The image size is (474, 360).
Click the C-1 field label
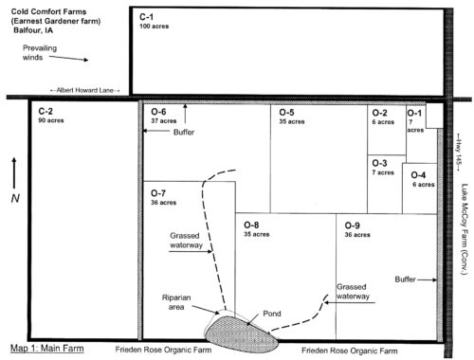click(x=146, y=17)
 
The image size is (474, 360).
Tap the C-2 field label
click(x=46, y=111)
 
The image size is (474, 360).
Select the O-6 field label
click(x=158, y=112)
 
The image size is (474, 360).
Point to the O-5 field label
click(x=286, y=112)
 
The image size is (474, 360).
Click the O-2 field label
click(x=379, y=113)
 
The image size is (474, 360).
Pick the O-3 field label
click(x=379, y=163)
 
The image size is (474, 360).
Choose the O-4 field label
click(x=418, y=175)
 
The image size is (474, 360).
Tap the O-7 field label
click(x=158, y=193)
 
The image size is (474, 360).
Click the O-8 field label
click(x=251, y=225)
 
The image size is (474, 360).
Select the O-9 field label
click(x=353, y=225)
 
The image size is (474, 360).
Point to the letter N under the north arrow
click(x=15, y=198)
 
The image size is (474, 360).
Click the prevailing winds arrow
click(x=68, y=59)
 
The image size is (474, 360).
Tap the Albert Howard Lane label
click(x=85, y=90)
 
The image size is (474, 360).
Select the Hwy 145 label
click(x=458, y=152)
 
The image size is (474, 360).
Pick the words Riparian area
click(x=176, y=302)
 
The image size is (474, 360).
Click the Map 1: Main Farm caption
click(x=47, y=349)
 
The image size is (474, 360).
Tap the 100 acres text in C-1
click(x=154, y=27)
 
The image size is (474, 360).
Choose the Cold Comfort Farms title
click(x=48, y=11)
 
